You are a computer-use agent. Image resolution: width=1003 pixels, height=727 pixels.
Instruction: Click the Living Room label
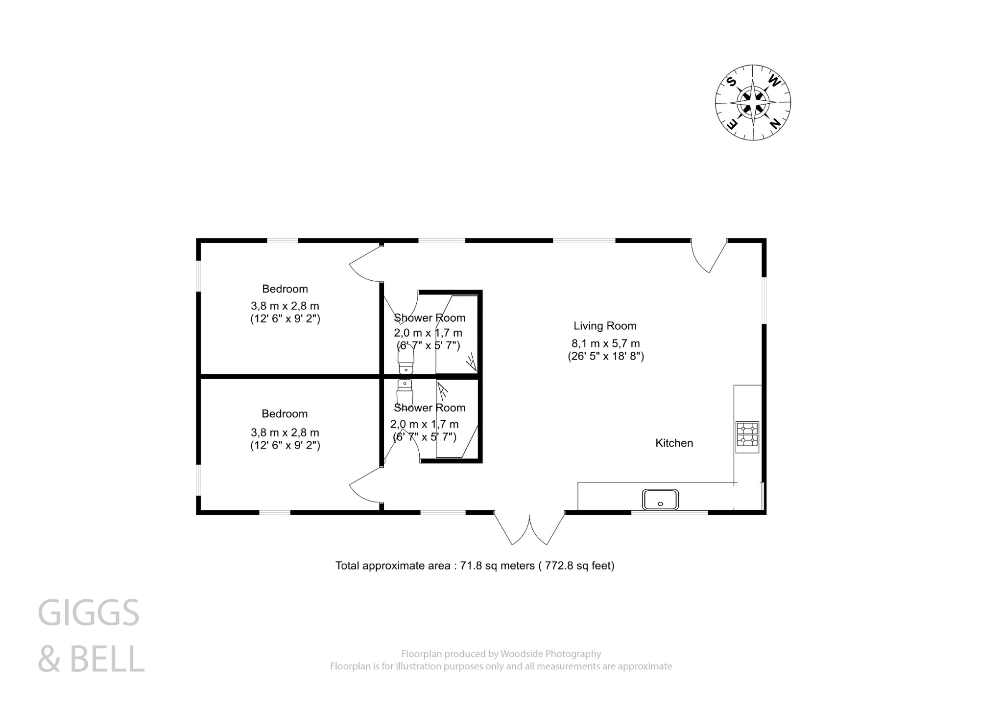tap(605, 326)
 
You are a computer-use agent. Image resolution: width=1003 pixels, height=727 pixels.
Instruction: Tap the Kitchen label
tap(674, 443)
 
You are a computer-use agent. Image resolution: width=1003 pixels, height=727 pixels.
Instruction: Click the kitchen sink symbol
tap(660, 500)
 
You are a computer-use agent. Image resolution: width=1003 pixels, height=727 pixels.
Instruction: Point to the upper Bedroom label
tap(285, 289)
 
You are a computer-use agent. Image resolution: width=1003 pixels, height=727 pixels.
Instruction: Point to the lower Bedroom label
tap(285, 414)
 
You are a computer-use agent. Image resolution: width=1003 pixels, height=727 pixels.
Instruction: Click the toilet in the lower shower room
tap(405, 391)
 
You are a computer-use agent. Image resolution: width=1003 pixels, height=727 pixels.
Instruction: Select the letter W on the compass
tap(774, 81)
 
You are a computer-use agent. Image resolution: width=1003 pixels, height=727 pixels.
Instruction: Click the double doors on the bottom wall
tap(529, 528)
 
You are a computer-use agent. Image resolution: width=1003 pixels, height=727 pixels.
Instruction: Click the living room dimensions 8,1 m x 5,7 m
tap(605, 343)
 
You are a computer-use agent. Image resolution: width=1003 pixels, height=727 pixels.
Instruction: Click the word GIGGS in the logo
tap(89, 613)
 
